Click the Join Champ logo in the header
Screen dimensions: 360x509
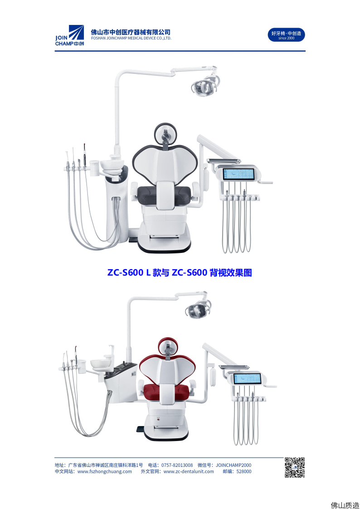pos(69,35)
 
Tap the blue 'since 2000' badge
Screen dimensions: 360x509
pos(286,35)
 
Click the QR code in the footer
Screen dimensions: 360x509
pos(294,467)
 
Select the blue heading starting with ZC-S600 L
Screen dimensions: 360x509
pos(180,272)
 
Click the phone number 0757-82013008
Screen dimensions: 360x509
pos(177,465)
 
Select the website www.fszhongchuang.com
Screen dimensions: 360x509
pos(105,472)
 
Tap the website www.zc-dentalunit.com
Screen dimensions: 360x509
pos(189,472)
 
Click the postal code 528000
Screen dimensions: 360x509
pos(244,472)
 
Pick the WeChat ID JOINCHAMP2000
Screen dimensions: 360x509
pos(234,465)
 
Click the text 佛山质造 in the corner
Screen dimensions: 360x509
pos(345,505)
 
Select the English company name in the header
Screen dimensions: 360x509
pos(131,39)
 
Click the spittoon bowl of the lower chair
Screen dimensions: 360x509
pos(101,364)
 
